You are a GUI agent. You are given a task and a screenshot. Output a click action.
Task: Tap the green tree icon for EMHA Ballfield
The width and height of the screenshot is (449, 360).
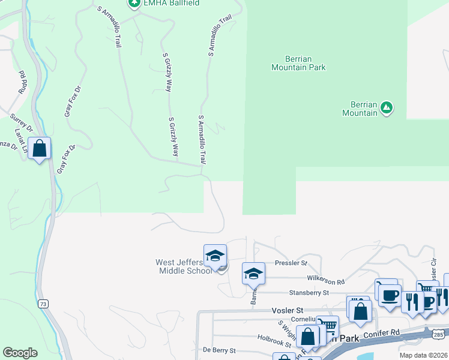[x=134, y=3]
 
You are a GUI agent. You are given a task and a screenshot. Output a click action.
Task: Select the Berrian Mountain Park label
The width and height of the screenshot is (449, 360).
[x=298, y=63]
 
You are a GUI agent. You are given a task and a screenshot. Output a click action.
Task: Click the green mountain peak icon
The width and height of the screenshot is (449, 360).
[x=387, y=108]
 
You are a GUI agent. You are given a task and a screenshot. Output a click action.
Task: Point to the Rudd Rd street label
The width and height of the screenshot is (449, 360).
[x=23, y=83]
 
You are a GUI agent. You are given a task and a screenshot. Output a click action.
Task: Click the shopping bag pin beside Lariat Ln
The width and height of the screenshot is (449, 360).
[x=40, y=149]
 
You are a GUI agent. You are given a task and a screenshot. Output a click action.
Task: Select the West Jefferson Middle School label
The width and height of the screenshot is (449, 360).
[x=183, y=266]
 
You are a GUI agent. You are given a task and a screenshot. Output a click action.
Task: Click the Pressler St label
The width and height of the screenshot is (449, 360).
[x=291, y=263]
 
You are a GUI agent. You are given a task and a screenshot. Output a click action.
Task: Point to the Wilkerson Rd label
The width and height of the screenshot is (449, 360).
[x=325, y=281]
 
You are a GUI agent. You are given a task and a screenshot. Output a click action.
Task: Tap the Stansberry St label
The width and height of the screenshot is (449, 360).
[x=309, y=293]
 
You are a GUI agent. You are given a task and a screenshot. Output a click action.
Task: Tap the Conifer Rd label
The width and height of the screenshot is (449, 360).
[x=381, y=333]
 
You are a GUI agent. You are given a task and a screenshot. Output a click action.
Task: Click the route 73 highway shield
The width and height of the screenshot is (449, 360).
[x=43, y=304]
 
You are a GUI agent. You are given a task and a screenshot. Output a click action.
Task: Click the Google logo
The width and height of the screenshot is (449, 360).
[x=20, y=353]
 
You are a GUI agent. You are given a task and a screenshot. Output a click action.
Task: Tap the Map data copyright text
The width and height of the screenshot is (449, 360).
[x=424, y=355]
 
